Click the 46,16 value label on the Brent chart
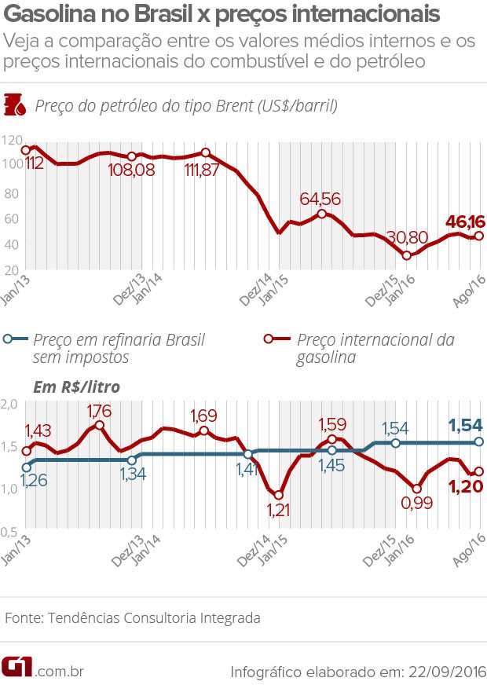click(x=462, y=222)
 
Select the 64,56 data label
click(x=320, y=200)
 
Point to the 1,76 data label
click(x=98, y=410)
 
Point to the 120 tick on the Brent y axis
click(x=12, y=140)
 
